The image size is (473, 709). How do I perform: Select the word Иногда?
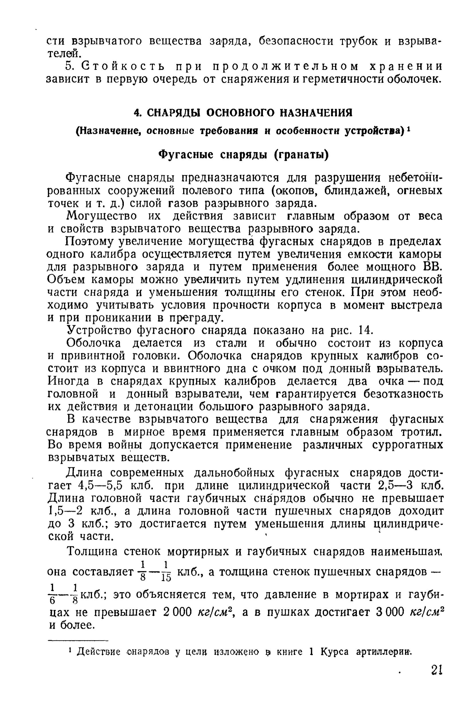click(x=68, y=381)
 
